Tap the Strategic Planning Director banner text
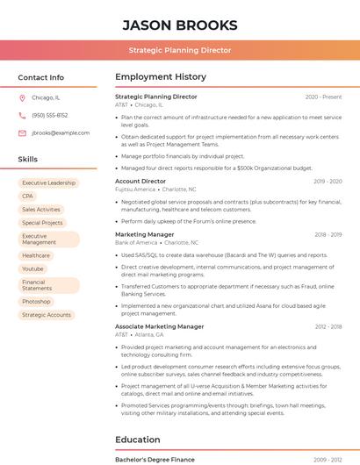[x=179, y=50]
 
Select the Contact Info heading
[x=40, y=77]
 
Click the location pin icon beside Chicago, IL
[x=22, y=98]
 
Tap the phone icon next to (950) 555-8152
[x=22, y=115]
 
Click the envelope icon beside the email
[x=22, y=132]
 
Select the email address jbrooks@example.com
[x=61, y=132]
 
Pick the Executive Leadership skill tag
[x=48, y=182]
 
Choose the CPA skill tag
[x=28, y=197]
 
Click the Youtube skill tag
[x=33, y=268]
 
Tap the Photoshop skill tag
[x=36, y=302]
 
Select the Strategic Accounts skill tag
[x=47, y=315]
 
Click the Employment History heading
[x=161, y=77]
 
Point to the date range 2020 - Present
[x=323, y=97]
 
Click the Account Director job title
[x=140, y=181]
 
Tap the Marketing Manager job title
[x=145, y=234]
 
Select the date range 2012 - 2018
[x=328, y=326]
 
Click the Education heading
[x=138, y=440]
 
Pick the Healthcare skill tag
[x=36, y=255]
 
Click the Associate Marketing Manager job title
[x=159, y=326]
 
